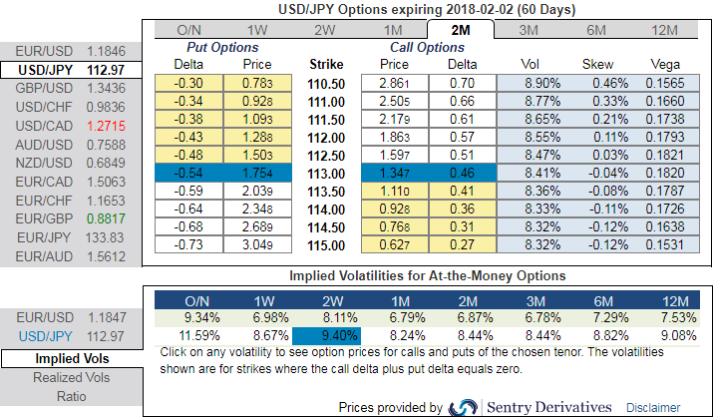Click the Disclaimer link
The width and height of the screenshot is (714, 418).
click(653, 407)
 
